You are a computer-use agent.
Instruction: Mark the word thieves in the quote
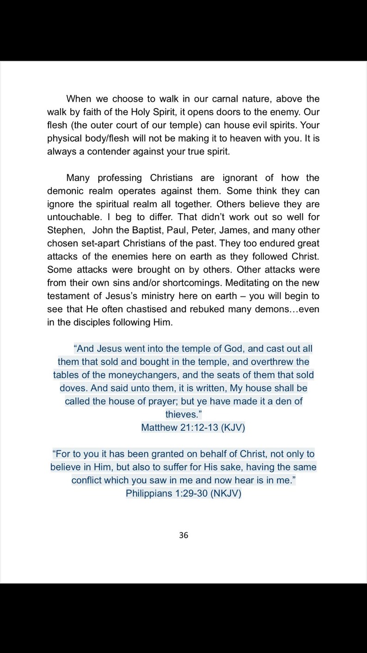(181, 414)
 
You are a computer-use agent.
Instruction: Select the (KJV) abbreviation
(233, 428)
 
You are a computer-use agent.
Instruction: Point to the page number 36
(183, 536)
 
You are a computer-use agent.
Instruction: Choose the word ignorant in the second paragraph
(242, 178)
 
